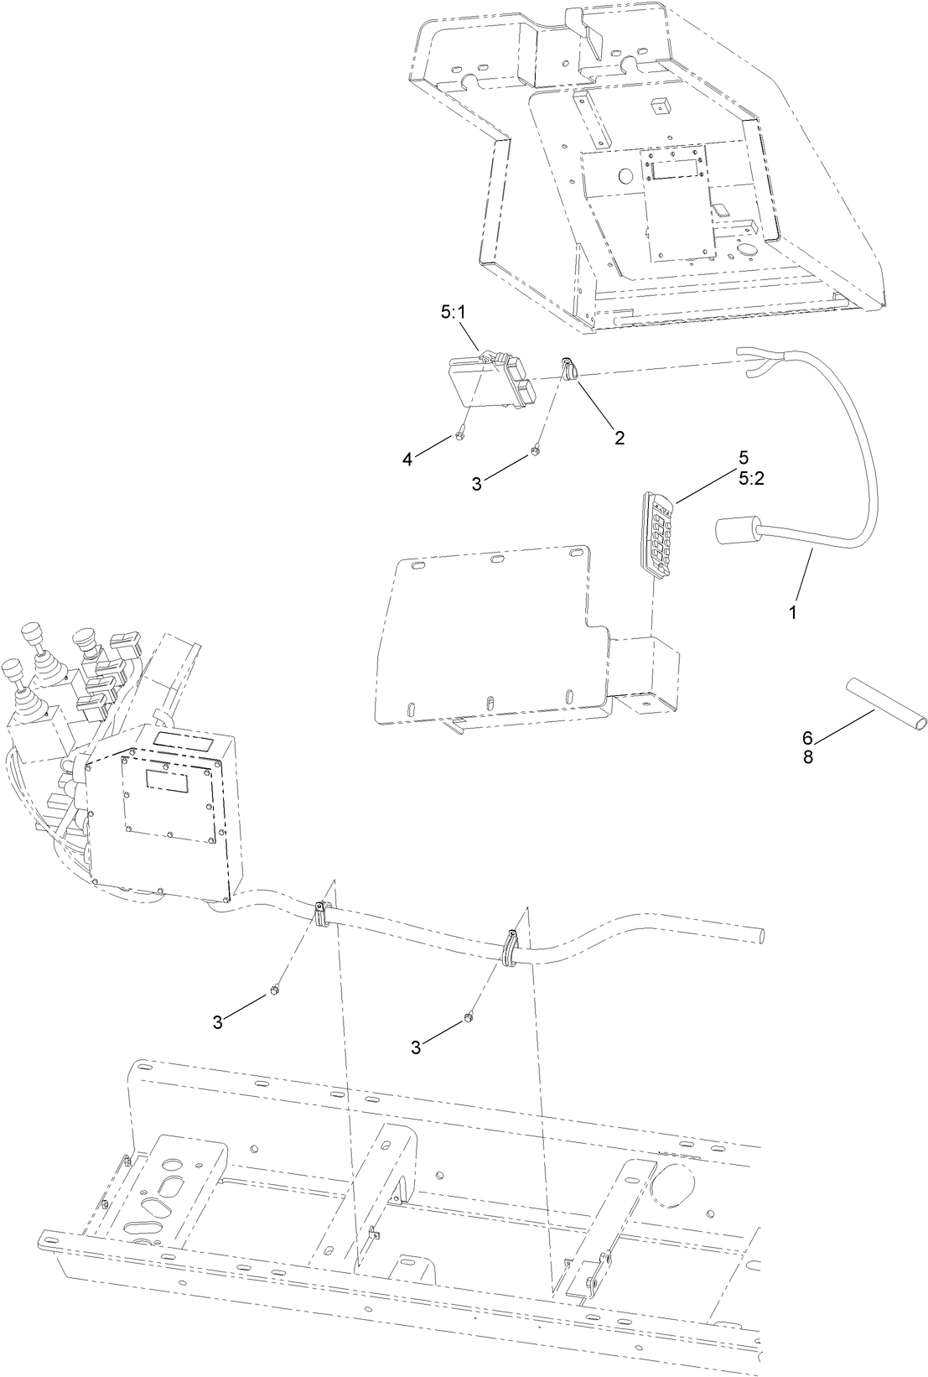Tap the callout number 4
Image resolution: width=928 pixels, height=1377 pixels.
click(408, 459)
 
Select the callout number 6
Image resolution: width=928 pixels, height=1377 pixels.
click(807, 738)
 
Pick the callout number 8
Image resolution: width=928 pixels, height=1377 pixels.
click(807, 756)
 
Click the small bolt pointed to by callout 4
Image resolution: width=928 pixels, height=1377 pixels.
click(461, 434)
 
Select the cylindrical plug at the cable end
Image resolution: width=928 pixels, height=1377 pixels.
click(736, 532)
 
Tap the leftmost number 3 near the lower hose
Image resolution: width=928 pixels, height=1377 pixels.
click(217, 1021)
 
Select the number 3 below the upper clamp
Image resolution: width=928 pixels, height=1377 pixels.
click(477, 483)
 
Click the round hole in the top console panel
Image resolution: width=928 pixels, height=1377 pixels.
click(625, 176)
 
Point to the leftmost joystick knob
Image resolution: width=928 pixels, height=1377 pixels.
click(11, 670)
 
